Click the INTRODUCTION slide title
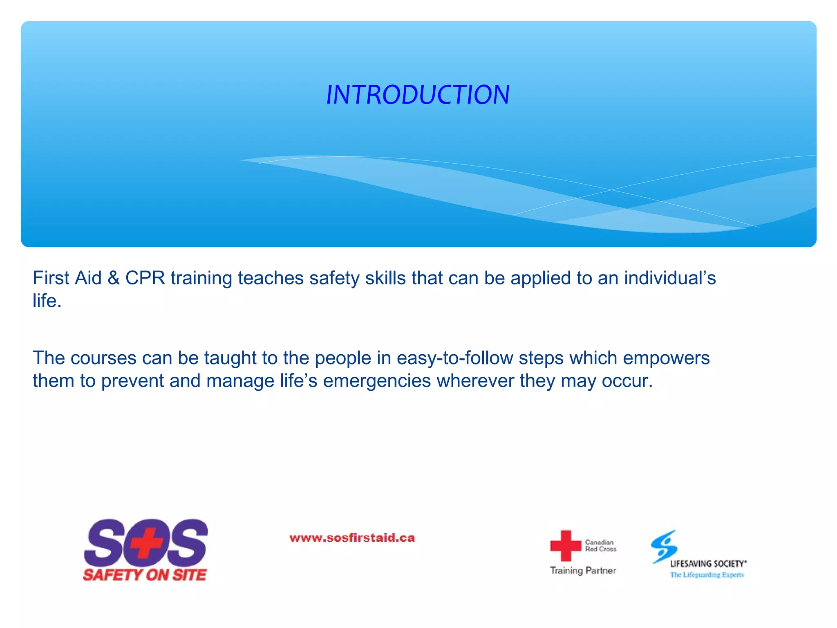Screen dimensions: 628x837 [x=418, y=95]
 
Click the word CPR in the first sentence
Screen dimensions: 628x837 [x=145, y=278]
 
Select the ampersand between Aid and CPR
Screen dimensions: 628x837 [x=113, y=278]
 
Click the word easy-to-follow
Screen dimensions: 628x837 [x=454, y=358]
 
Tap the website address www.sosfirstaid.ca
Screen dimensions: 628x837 [x=352, y=538]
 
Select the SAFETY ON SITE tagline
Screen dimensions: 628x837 [x=145, y=575]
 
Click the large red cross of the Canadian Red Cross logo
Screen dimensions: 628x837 [x=565, y=545]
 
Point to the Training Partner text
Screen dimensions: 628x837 [x=583, y=570]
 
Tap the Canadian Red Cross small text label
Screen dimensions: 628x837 [x=600, y=545]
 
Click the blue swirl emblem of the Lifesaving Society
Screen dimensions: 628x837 [x=664, y=546]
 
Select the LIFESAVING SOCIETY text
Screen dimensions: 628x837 [x=708, y=564]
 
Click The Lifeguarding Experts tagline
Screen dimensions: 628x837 [x=707, y=575]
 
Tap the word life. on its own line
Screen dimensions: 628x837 [x=47, y=301]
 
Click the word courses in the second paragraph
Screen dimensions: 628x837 [x=103, y=358]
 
